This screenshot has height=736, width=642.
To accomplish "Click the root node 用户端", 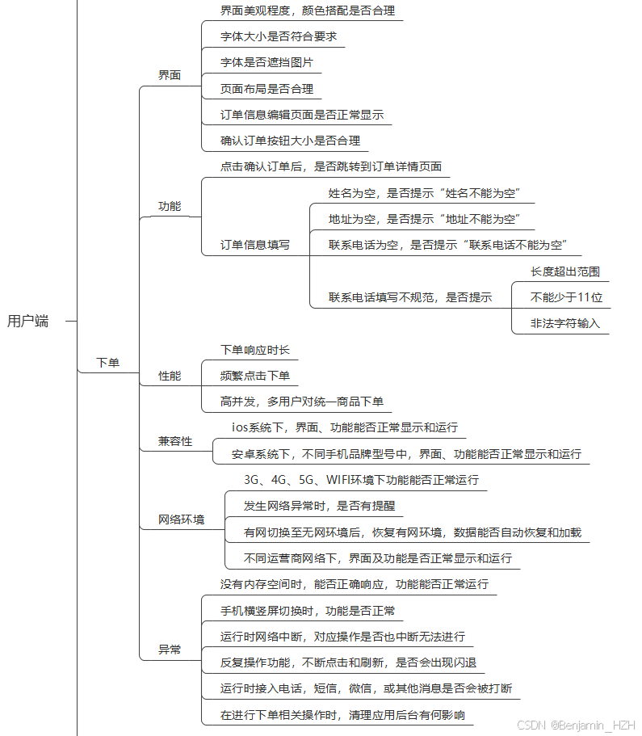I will click(x=28, y=322).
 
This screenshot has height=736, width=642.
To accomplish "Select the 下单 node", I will click(x=107, y=363).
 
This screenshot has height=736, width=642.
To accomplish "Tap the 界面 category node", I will click(x=170, y=75).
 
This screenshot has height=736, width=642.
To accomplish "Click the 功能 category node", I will click(x=170, y=206).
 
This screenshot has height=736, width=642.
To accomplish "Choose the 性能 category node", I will click(x=170, y=376).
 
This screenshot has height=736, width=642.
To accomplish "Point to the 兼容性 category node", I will click(x=175, y=441).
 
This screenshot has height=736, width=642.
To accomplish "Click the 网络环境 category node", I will click(x=181, y=519).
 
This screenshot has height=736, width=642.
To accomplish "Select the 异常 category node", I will click(x=170, y=649).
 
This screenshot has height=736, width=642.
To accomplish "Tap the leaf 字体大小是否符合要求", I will click(x=279, y=36).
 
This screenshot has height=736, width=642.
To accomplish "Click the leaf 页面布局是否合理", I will click(x=266, y=89).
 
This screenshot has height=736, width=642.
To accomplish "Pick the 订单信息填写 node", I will click(x=255, y=244).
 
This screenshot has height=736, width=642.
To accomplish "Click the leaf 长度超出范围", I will click(x=565, y=271).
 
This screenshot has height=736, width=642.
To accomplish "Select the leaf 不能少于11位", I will click(x=566, y=297).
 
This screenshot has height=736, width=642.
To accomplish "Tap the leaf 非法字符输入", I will click(x=565, y=323).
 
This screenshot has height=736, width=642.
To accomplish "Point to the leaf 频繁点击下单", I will click(x=255, y=376).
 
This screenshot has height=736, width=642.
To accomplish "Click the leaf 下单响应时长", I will click(x=255, y=350).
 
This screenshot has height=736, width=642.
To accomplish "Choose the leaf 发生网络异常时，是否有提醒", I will click(x=319, y=506).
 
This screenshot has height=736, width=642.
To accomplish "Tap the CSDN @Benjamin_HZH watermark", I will click(x=577, y=725).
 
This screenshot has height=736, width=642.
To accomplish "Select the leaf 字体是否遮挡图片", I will click(x=266, y=62).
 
